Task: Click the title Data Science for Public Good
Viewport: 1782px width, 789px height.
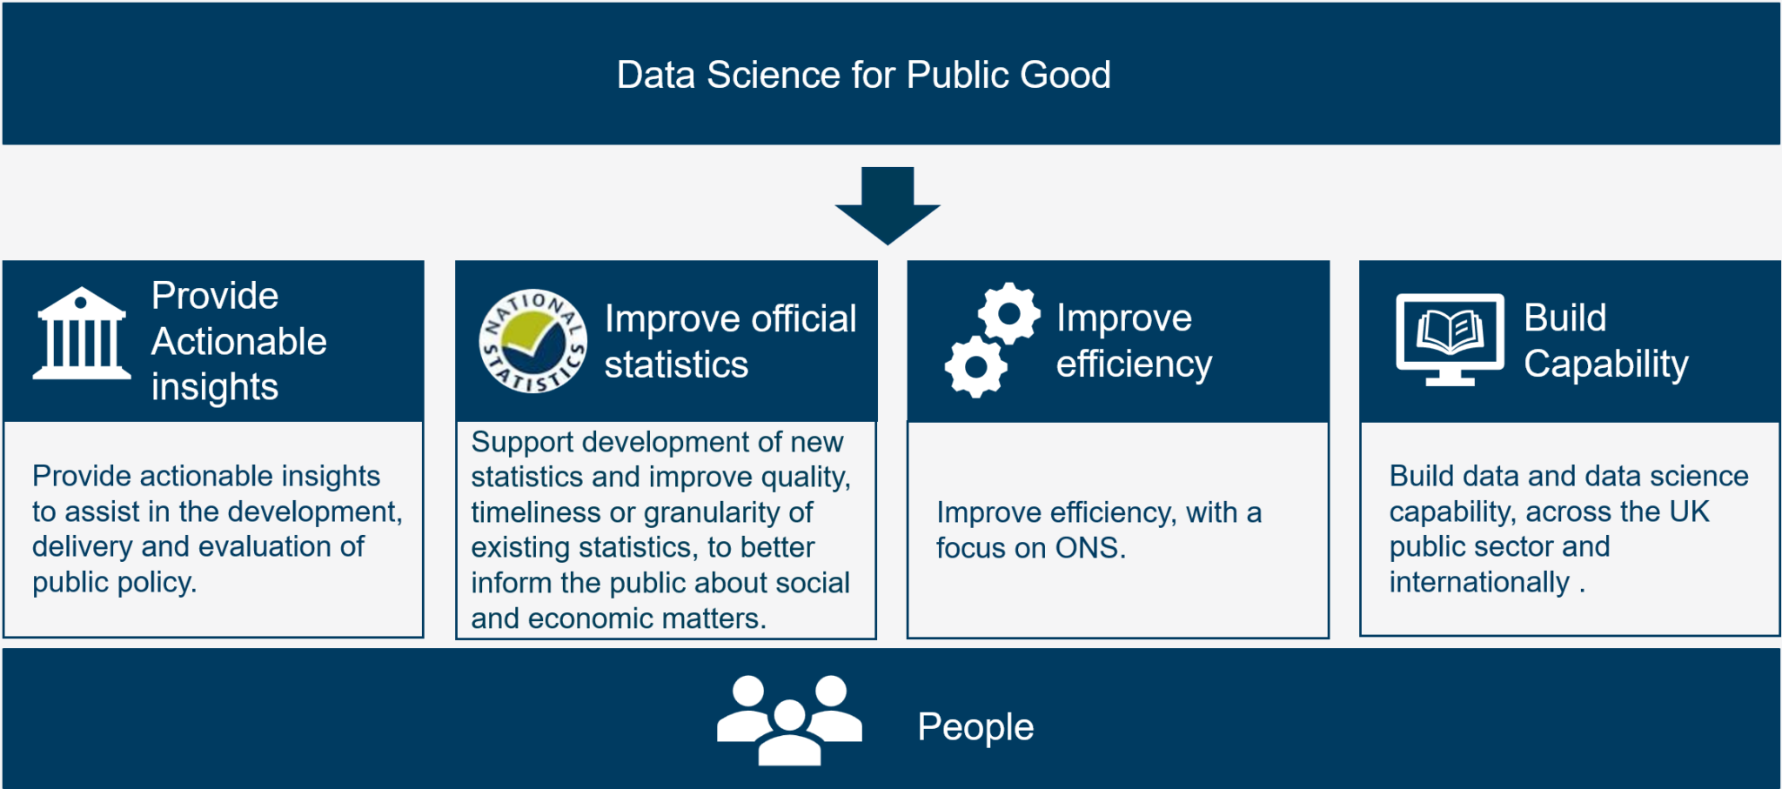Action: click(x=863, y=75)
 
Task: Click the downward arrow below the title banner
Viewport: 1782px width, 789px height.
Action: click(x=888, y=206)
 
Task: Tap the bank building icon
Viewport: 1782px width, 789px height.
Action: click(x=81, y=335)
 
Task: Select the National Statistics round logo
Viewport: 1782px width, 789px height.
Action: click(x=533, y=341)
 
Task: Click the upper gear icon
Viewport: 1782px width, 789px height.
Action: click(x=1009, y=313)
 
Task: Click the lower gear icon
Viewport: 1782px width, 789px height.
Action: click(x=976, y=367)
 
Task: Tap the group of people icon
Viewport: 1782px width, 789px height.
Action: click(x=789, y=720)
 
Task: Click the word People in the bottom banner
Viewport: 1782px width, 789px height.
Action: click(x=975, y=727)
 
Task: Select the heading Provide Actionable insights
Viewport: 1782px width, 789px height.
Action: click(x=238, y=341)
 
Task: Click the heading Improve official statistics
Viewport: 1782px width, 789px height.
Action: click(x=729, y=341)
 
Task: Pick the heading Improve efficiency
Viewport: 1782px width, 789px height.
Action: click(x=1133, y=341)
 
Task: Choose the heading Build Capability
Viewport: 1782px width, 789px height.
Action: click(x=1605, y=341)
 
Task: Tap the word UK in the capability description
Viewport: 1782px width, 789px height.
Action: click(x=1689, y=512)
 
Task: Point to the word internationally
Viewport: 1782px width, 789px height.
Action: click(x=1479, y=582)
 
